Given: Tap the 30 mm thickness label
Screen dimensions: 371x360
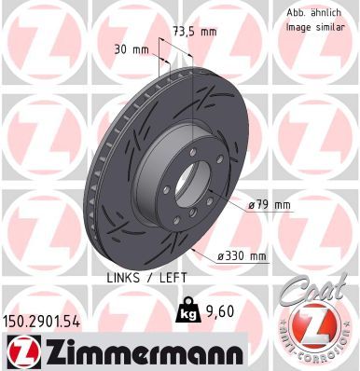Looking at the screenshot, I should tap(130, 49).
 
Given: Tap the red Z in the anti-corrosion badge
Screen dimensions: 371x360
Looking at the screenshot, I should tap(317, 328).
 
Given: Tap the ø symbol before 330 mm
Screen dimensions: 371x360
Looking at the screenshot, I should tap(219, 256).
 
